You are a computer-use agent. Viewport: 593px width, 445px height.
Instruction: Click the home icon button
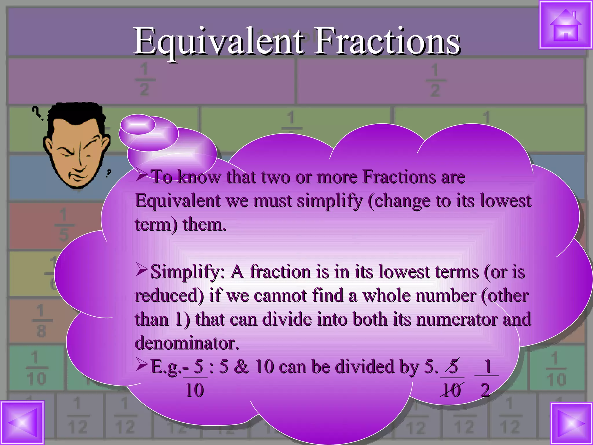point(565,25)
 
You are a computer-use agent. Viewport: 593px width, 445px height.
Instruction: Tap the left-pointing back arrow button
point(22,423)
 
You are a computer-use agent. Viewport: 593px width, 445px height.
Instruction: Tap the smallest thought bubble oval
point(138,124)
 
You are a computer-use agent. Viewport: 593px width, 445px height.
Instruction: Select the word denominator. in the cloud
point(187,343)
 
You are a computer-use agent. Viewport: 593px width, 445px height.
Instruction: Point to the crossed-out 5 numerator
point(453,366)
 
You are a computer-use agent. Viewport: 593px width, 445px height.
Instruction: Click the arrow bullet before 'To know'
point(142,175)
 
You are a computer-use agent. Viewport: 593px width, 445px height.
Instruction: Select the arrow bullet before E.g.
point(142,365)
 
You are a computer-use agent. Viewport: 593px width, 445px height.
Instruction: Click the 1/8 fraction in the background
point(41,321)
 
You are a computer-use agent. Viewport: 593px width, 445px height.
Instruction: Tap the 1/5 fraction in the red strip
point(63,224)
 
